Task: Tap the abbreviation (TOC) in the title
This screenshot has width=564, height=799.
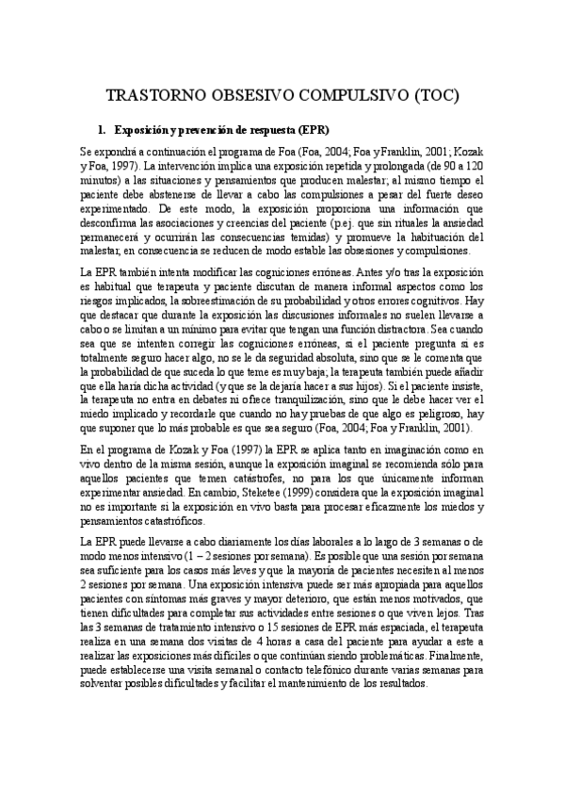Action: (435, 96)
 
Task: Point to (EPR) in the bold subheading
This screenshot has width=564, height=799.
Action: (312, 128)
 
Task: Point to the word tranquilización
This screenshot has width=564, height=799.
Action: (294, 387)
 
